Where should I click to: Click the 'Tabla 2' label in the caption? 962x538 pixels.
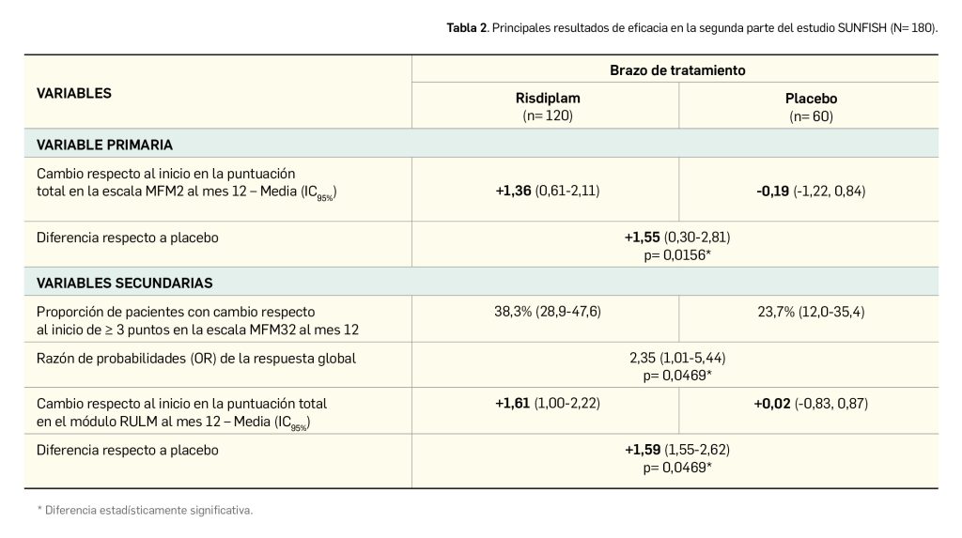pyautogui.click(x=467, y=28)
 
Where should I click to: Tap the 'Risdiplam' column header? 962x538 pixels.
pyautogui.click(x=547, y=99)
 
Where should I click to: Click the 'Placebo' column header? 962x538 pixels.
pyautogui.click(x=811, y=99)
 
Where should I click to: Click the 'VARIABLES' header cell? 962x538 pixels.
pyautogui.click(x=74, y=93)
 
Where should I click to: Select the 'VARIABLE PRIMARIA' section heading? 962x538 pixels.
pyautogui.click(x=104, y=145)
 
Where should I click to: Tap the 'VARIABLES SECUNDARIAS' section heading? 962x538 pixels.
pyautogui.click(x=125, y=282)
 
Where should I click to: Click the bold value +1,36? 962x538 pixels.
pyautogui.click(x=513, y=191)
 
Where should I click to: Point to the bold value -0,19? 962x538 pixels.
pyautogui.click(x=773, y=191)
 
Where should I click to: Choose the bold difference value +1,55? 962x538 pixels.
pyautogui.click(x=643, y=238)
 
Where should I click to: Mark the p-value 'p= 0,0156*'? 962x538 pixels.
pyautogui.click(x=676, y=254)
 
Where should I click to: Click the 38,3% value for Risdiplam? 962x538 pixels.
pyautogui.click(x=512, y=311)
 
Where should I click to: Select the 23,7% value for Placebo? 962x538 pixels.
pyautogui.click(x=772, y=311)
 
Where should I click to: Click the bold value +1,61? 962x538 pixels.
pyautogui.click(x=513, y=403)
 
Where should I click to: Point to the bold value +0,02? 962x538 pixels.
pyautogui.click(x=771, y=403)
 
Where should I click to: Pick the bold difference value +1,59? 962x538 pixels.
pyautogui.click(x=643, y=450)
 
